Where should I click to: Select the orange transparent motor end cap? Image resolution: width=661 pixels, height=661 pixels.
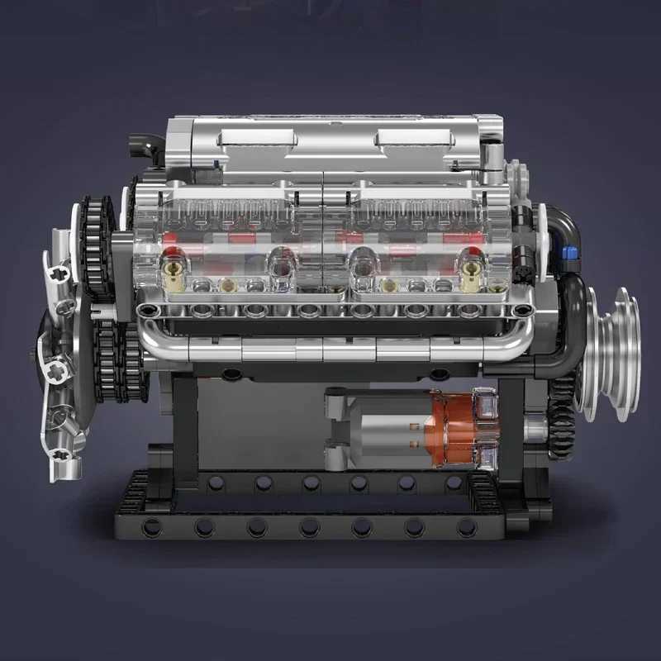coord(451,429)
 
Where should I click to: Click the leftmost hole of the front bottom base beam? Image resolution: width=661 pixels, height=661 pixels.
coord(152,526)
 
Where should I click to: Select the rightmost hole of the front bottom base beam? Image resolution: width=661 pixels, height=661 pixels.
coord(467,526)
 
